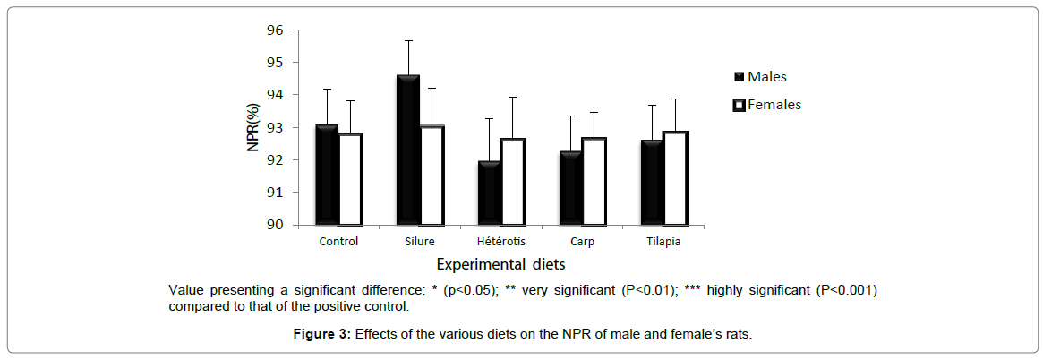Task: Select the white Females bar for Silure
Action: pos(432,176)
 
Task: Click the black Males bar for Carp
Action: pos(570,188)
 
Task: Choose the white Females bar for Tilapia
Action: pos(675,178)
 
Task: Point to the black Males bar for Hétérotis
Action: pos(490,193)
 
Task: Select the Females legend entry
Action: pos(766,105)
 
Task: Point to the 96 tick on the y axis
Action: pos(274,30)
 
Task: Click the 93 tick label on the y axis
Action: pos(274,127)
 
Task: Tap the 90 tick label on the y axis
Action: pos(274,225)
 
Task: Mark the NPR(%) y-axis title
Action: pos(253,127)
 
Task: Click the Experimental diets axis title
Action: pos(500,264)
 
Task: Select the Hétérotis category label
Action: pos(501,242)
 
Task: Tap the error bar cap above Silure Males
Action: pos(408,40)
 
